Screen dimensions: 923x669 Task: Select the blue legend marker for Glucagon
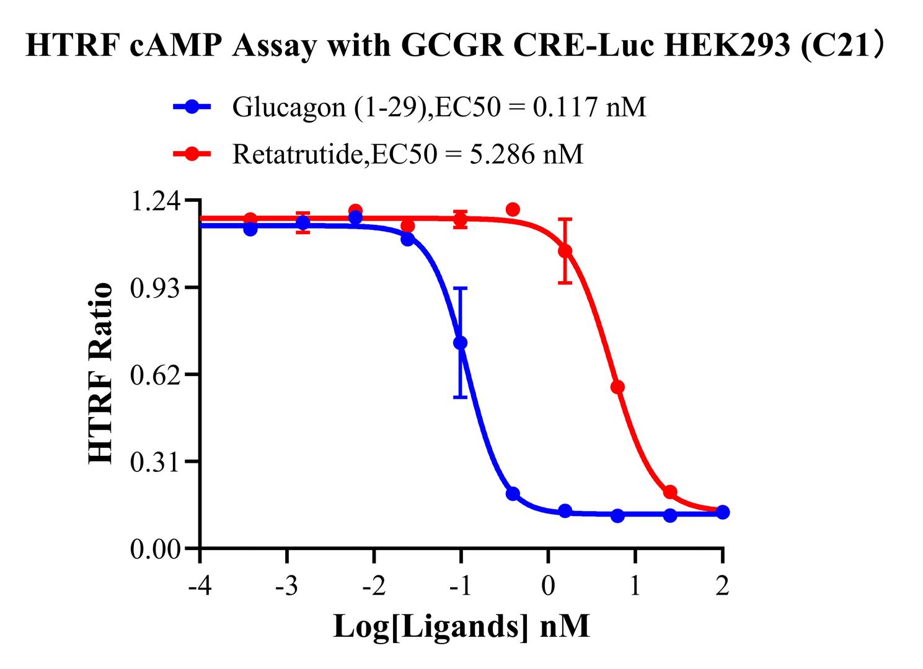pos(192,107)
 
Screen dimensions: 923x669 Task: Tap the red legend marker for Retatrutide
pos(192,154)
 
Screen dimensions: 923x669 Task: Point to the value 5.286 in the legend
pos(502,154)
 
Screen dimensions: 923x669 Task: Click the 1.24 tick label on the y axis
pos(156,201)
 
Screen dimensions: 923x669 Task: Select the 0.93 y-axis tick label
pos(156,287)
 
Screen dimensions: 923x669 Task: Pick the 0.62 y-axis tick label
pos(156,375)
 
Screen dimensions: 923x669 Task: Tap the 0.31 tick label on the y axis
pos(156,461)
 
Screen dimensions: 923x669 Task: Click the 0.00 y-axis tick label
pos(156,549)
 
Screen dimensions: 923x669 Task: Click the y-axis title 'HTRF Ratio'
pos(100,373)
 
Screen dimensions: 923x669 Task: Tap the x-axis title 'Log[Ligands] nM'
pos(461,627)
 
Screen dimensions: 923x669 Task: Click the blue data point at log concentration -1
pos(461,343)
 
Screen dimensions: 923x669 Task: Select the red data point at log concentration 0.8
pos(617,387)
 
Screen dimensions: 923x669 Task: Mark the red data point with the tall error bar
pos(565,251)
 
